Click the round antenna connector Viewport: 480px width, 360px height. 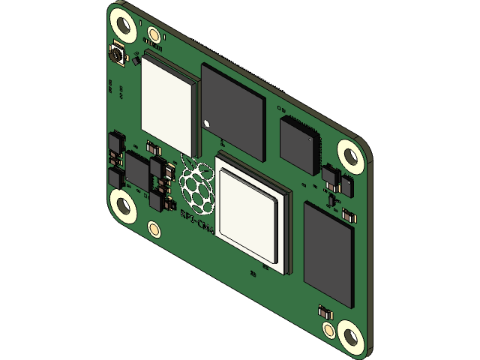pyautogui.click(x=117, y=54)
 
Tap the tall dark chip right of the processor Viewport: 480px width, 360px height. pyautogui.click(x=328, y=253)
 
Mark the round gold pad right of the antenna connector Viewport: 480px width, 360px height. pyautogui.click(x=154, y=34)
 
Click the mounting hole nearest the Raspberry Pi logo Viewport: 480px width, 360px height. pyautogui.click(x=123, y=203)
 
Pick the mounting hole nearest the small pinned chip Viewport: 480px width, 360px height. pyautogui.click(x=349, y=154)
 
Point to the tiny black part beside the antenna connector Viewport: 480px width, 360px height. pyautogui.click(x=136, y=61)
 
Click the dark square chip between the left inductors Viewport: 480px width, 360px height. pyautogui.click(x=136, y=170)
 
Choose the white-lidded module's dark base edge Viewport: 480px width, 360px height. pyautogui.click(x=195, y=120)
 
